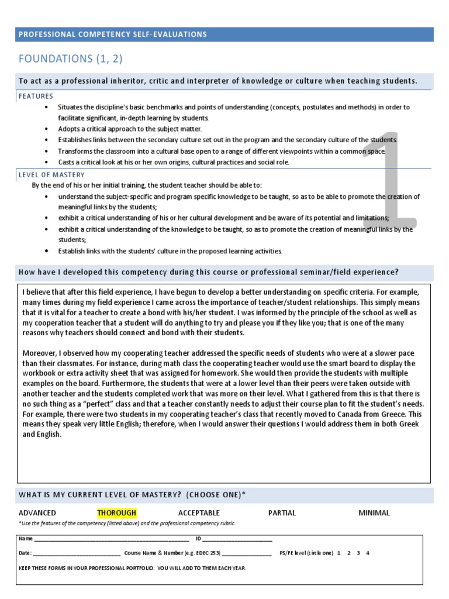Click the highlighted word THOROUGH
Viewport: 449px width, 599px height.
(116, 513)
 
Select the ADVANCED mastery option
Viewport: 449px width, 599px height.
(37, 513)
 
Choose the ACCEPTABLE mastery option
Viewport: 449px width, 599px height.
(199, 513)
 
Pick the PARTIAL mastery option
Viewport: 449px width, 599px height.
(282, 513)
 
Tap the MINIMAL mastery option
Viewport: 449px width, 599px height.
(374, 513)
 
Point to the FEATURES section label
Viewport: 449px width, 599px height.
(36, 96)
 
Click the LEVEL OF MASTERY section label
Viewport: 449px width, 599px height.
(51, 175)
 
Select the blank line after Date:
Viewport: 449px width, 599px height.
(77, 553)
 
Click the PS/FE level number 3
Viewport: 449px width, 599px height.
(358, 553)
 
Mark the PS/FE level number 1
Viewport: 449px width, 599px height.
(339, 553)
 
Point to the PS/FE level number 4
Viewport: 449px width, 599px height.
(368, 553)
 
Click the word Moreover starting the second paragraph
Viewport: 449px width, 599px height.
(39, 353)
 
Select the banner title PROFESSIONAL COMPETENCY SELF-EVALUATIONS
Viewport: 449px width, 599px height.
(113, 35)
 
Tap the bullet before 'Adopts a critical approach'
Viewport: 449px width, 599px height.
(46, 129)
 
